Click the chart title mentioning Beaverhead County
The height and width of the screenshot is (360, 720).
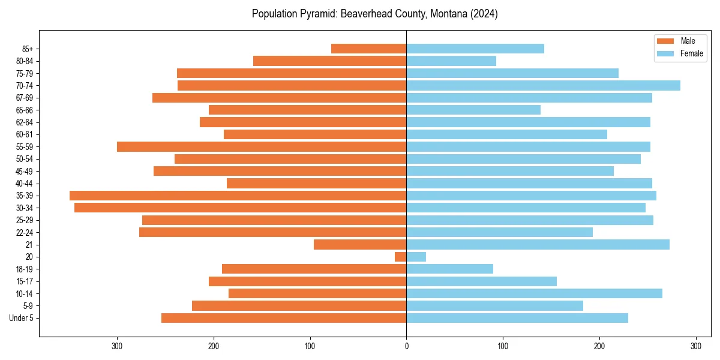point(374,14)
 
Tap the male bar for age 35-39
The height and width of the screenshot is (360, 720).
point(238,196)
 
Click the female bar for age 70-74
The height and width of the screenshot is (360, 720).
point(543,85)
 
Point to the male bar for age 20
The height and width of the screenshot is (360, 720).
point(401,257)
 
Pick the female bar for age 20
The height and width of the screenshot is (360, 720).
point(416,257)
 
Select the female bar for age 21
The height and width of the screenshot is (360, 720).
point(538,244)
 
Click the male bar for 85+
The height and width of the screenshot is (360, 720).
point(369,49)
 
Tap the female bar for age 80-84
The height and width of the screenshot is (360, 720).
point(451,61)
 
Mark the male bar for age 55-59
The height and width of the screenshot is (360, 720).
point(262,146)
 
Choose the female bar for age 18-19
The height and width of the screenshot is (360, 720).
point(449,269)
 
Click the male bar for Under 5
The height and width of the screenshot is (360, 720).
point(284,318)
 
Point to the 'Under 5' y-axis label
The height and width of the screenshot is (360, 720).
point(21,318)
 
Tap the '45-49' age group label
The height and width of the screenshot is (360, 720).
point(24,171)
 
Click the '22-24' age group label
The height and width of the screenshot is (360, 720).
point(24,232)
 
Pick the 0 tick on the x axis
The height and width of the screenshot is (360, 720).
point(406,346)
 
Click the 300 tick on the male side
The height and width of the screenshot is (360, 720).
point(117,346)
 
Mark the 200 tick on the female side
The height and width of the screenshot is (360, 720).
point(599,346)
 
